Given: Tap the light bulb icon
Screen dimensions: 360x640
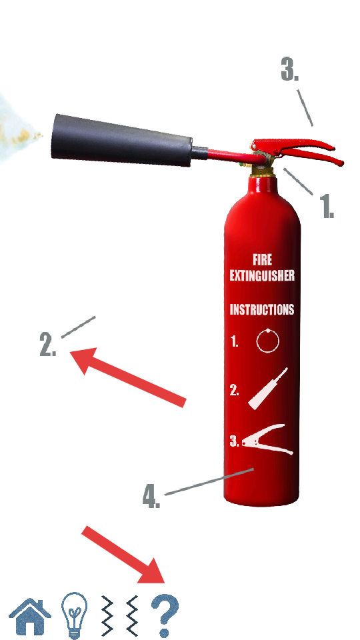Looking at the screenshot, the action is pyautogui.click(x=74, y=615).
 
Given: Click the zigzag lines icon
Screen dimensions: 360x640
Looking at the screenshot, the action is pyautogui.click(x=119, y=615).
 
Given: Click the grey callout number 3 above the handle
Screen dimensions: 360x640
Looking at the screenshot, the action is pyautogui.click(x=290, y=69).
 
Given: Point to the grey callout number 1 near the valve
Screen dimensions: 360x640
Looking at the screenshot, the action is pyautogui.click(x=326, y=206).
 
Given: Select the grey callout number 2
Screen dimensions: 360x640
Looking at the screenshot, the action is pyautogui.click(x=48, y=344).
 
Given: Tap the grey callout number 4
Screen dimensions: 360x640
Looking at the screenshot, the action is pyautogui.click(x=151, y=496).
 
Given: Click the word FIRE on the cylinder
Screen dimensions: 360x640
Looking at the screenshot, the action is pyautogui.click(x=262, y=259).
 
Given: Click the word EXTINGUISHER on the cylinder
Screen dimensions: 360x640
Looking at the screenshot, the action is pyautogui.click(x=261, y=276).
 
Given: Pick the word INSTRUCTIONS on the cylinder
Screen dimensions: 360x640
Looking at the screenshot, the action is pyautogui.click(x=261, y=310).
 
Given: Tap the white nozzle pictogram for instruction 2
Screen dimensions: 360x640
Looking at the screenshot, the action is pyautogui.click(x=267, y=389).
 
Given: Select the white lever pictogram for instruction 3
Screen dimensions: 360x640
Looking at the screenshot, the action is pyautogui.click(x=267, y=443).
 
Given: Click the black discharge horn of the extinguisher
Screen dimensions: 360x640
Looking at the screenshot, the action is pyautogui.click(x=121, y=141).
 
